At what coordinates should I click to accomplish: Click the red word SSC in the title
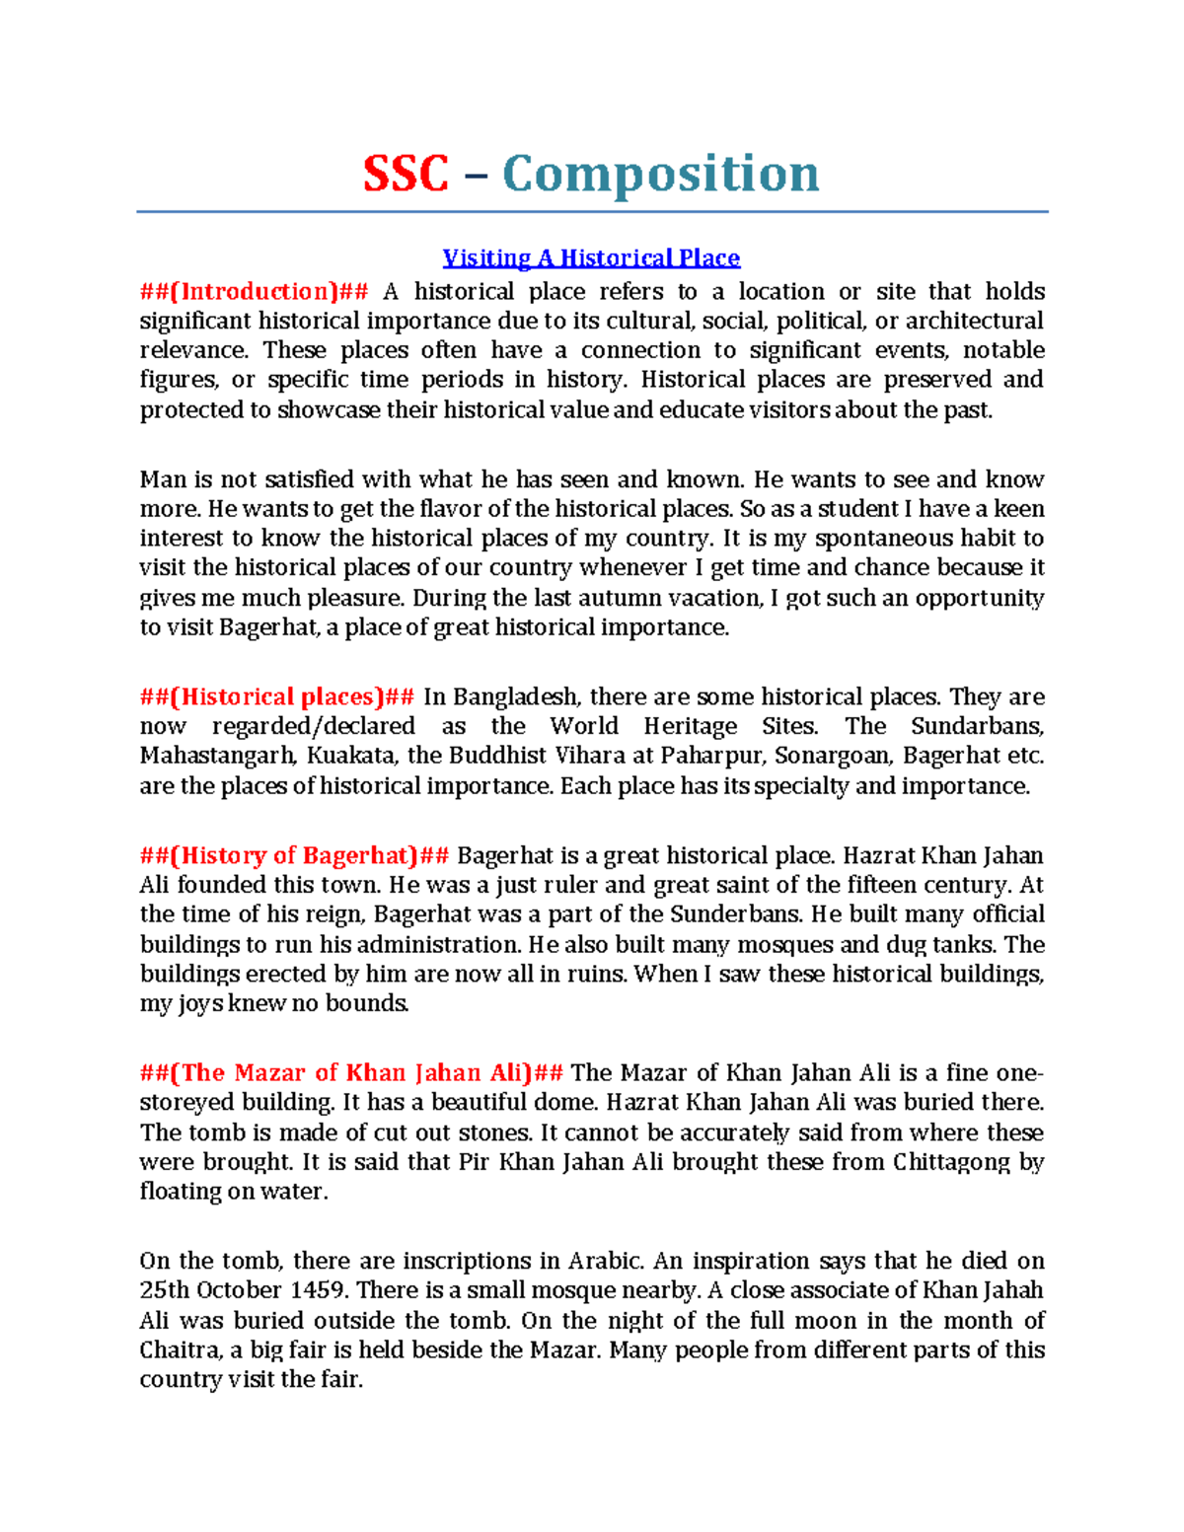point(406,175)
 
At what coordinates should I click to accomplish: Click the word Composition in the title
point(660,175)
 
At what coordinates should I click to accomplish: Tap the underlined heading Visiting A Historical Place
point(591,258)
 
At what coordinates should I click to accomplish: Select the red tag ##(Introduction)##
point(254,291)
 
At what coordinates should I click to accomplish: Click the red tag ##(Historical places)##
point(276,696)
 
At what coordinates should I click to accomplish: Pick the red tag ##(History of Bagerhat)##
point(294,855)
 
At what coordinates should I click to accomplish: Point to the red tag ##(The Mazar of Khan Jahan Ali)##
point(351,1072)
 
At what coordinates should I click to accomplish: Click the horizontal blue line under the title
point(591,211)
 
